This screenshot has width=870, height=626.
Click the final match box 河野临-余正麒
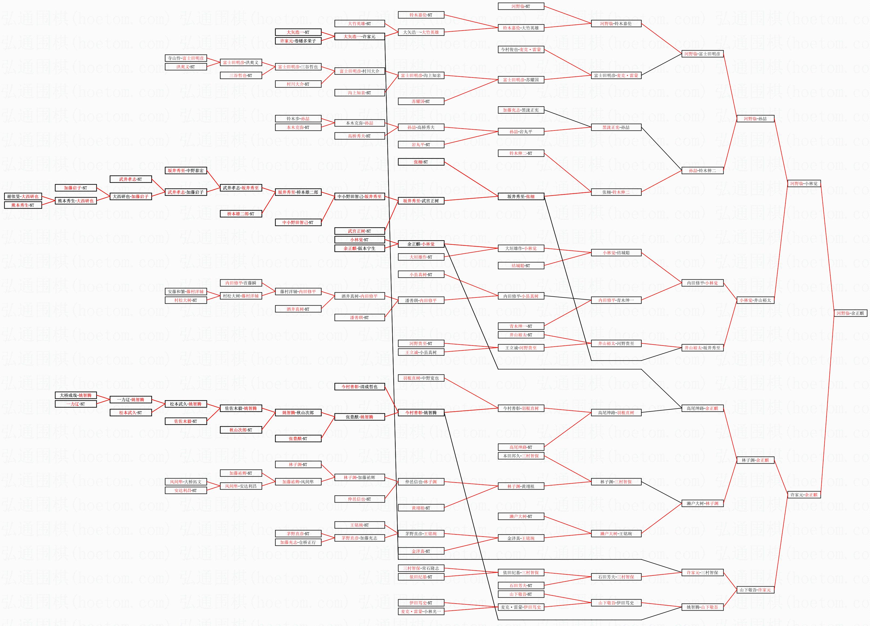850,313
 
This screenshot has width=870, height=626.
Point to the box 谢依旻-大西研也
23,196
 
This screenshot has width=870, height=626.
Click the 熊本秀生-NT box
23,205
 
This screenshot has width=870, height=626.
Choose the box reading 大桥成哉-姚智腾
76,395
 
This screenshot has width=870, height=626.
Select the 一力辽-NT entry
76,404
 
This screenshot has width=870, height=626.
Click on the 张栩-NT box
421,162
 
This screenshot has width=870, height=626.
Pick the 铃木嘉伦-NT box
421,15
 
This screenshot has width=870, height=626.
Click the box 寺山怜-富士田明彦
186,58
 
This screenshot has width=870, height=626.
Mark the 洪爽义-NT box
186,67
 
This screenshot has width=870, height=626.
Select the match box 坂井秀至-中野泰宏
186,170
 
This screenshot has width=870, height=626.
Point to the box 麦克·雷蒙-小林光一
421,611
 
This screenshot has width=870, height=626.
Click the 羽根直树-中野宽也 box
421,378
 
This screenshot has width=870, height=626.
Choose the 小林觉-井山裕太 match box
755,300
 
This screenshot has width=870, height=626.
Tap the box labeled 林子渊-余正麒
755,460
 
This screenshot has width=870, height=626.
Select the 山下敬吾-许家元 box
755,590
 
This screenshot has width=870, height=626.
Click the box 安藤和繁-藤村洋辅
186,292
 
